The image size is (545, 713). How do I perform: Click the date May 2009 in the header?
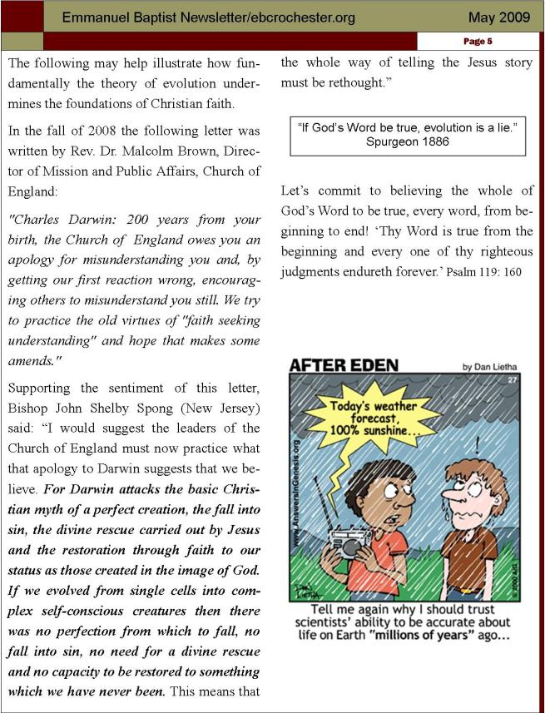[498, 17]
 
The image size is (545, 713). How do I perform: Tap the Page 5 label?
[478, 41]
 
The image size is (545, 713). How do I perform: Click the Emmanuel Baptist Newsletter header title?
[209, 17]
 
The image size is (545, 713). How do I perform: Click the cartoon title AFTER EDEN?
[344, 364]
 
